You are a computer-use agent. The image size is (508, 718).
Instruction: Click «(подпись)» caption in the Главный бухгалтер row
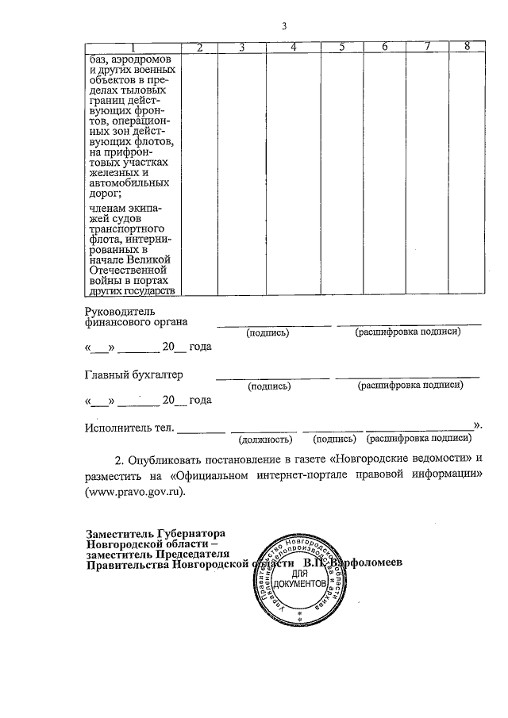coord(269,386)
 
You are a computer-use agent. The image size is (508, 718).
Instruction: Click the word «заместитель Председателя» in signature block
coord(159,554)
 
